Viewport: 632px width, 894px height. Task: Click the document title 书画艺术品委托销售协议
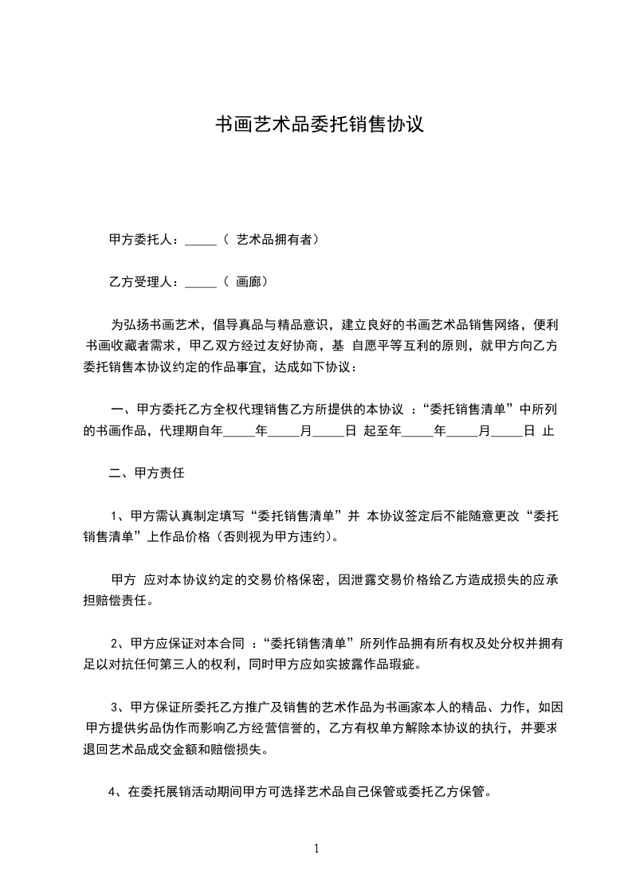pos(319,125)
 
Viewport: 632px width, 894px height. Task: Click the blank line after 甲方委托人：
pos(201,239)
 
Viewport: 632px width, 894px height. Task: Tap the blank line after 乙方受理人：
pos(201,282)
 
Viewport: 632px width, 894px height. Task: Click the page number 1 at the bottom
pos(316,848)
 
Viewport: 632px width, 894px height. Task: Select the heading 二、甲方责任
pos(147,473)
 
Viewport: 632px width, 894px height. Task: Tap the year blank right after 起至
pos(417,431)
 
